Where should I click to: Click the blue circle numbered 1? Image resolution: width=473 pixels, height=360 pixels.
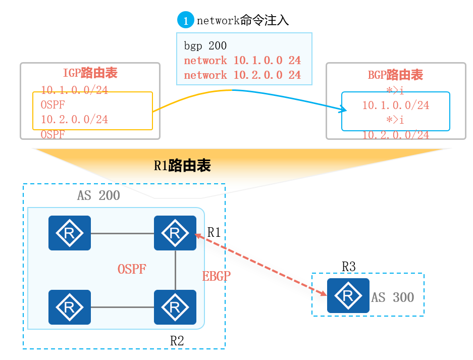[185, 21]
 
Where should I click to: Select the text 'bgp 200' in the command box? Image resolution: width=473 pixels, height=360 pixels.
[205, 46]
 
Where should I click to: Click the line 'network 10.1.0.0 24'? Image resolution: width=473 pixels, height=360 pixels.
[242, 61]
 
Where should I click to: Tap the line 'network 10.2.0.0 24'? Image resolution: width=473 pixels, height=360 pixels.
[242, 75]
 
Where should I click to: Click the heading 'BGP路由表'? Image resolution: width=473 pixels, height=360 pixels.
[395, 76]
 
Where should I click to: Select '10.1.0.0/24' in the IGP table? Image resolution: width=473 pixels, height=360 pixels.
[74, 90]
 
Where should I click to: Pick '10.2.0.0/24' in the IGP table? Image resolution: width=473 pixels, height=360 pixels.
[74, 120]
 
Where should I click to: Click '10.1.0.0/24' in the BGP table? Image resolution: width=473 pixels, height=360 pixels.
[396, 105]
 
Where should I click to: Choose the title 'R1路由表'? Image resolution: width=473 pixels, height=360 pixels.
[182, 165]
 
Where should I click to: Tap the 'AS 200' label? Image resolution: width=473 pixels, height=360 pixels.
[98, 195]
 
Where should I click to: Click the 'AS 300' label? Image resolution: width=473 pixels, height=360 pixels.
[393, 297]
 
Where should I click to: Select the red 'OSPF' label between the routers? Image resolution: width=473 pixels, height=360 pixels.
[132, 269]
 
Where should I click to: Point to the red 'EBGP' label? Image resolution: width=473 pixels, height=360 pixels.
[217, 276]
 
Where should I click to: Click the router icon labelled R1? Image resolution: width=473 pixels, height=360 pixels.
[175, 233]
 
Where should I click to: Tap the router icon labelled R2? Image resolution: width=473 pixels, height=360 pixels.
[175, 307]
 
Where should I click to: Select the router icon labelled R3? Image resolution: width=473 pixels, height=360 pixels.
[348, 295]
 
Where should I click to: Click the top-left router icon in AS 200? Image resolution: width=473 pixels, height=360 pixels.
[70, 233]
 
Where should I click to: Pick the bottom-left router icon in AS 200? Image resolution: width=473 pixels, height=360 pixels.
[70, 307]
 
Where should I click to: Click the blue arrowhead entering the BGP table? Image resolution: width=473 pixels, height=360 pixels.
[343, 109]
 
